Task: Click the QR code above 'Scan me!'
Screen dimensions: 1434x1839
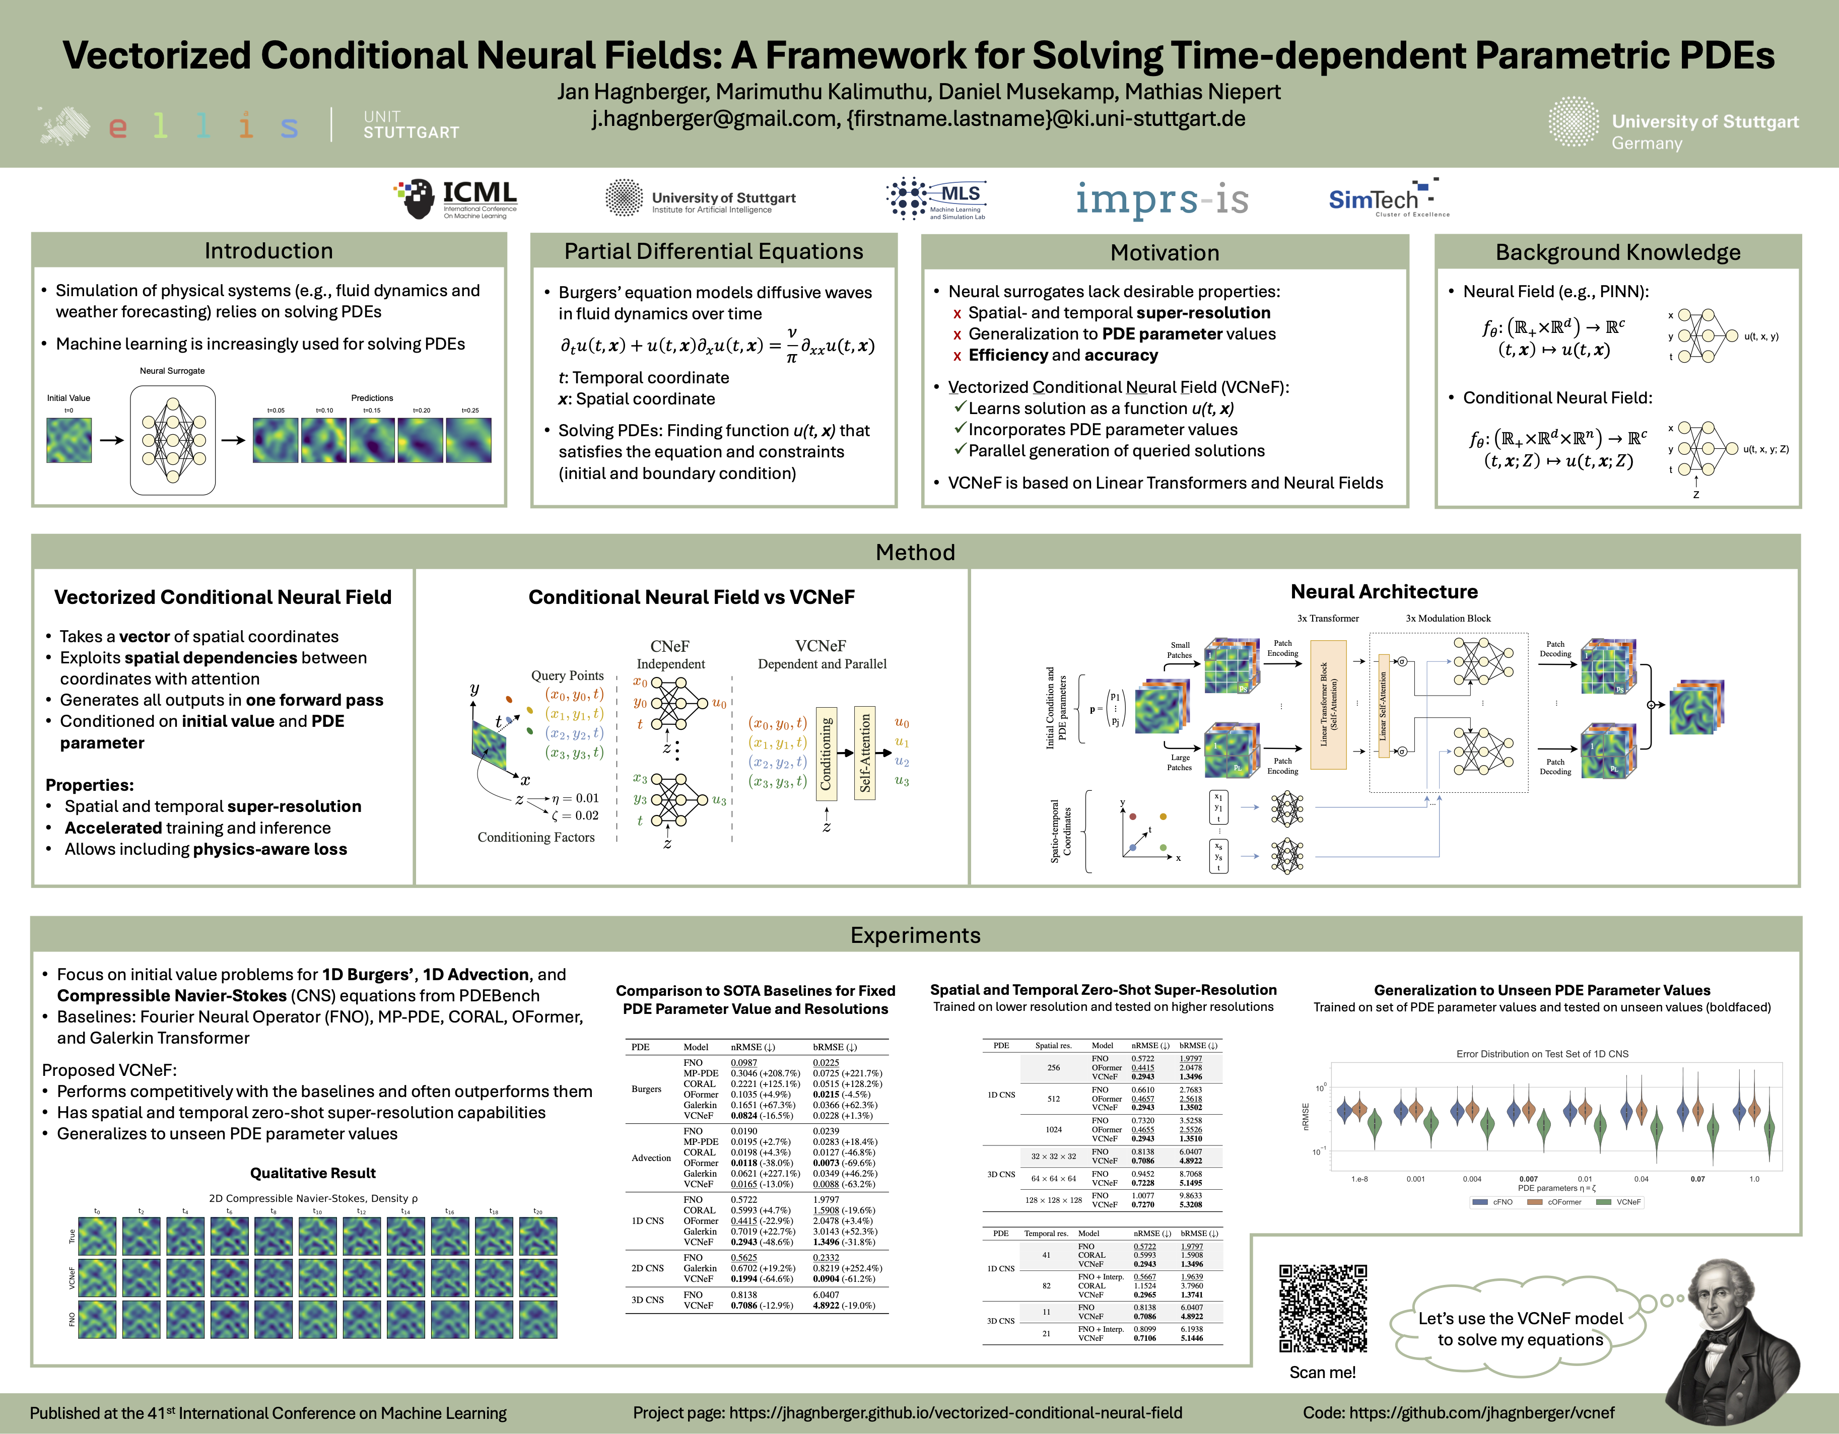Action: pyautogui.click(x=1323, y=1308)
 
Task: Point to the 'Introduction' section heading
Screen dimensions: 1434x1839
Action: pyautogui.click(x=268, y=251)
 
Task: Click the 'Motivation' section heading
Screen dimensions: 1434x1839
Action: pyautogui.click(x=1165, y=253)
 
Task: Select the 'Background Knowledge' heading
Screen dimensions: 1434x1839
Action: pyautogui.click(x=1617, y=253)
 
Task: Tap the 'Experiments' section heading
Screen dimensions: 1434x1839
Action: pyautogui.click(x=915, y=935)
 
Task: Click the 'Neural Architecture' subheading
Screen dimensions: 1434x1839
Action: pyautogui.click(x=1384, y=592)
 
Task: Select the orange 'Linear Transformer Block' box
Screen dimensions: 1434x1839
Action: pyautogui.click(x=1328, y=704)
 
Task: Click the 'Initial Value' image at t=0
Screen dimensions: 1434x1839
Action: pyautogui.click(x=69, y=440)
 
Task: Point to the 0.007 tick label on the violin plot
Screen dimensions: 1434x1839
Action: pyautogui.click(x=1528, y=1179)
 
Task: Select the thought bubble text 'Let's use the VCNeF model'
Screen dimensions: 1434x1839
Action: pyautogui.click(x=1520, y=1319)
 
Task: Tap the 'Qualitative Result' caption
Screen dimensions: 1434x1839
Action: pyautogui.click(x=312, y=1173)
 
